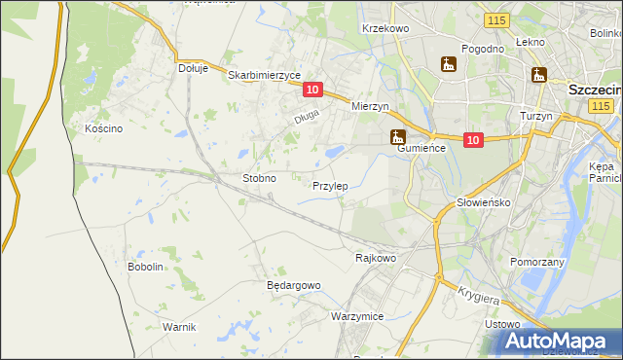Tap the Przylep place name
[330, 185]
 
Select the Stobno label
[259, 179]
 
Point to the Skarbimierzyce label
[264, 74]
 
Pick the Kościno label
[102, 128]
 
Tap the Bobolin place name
[145, 266]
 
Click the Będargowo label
[293, 285]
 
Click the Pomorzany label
[537, 262]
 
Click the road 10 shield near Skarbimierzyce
[311, 90]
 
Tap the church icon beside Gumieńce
[397, 137]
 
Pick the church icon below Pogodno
[448, 64]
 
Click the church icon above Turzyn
[538, 75]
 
